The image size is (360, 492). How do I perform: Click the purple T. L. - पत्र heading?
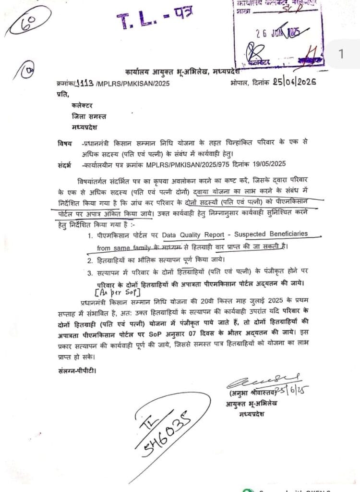[x=155, y=21]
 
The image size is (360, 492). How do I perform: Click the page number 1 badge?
[x=341, y=54]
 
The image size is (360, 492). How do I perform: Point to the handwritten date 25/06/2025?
[x=292, y=82]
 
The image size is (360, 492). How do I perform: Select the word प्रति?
[x=63, y=95]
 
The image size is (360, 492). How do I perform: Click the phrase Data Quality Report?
[x=192, y=235]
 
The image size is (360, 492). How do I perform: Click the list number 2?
[x=90, y=261]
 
